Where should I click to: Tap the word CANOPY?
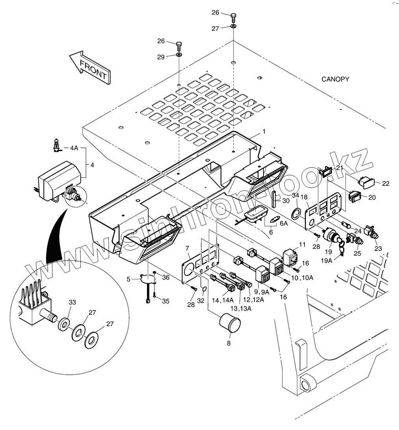tap(335, 79)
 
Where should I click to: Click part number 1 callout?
tap(264, 131)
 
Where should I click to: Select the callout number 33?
tap(72, 303)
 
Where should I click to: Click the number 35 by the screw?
tap(165, 301)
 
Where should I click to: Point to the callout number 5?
tap(128, 279)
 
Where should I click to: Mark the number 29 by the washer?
tap(161, 57)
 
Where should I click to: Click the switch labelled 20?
tap(355, 196)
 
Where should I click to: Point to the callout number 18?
tap(304, 196)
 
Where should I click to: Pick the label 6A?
tap(284, 223)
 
